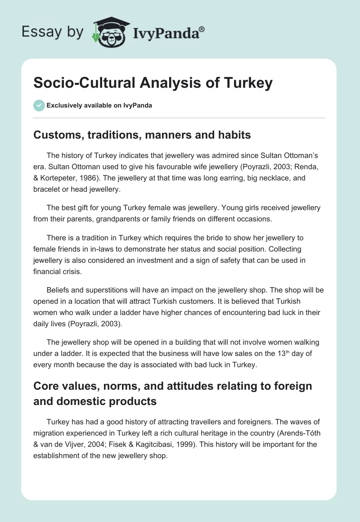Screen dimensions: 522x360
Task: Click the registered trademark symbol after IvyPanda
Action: pos(202,30)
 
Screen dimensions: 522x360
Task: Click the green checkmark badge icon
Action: pos(39,105)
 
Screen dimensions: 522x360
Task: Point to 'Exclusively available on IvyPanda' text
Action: pos(99,105)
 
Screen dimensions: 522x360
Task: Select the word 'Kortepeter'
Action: pos(63,178)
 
